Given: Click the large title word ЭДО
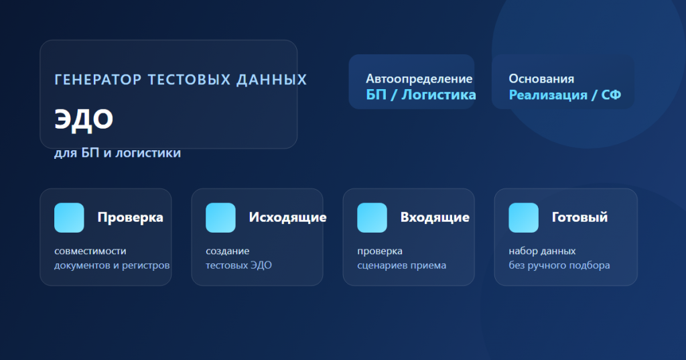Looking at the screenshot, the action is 84,119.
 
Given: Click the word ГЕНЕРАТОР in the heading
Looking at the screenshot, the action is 98,80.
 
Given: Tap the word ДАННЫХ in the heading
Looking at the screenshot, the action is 272,80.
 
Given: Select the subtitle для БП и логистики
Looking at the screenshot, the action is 117,153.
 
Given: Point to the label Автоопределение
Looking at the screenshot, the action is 419,79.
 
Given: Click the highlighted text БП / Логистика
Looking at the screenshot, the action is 421,95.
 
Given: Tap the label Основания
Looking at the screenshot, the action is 541,79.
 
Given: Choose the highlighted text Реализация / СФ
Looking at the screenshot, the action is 565,95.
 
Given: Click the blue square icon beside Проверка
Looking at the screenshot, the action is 69,218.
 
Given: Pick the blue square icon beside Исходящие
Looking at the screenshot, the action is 220,218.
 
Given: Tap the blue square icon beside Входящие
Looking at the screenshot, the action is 372,218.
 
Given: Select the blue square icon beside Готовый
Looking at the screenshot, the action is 523,218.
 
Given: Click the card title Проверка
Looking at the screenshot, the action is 131,218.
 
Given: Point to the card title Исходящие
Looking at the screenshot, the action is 287,218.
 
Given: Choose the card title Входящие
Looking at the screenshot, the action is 435,218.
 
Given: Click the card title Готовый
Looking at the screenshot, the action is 579,217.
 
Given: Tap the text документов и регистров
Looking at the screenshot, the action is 112,265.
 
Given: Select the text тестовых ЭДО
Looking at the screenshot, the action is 239,265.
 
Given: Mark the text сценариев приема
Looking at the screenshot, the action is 402,265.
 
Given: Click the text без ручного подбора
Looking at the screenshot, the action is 559,265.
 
